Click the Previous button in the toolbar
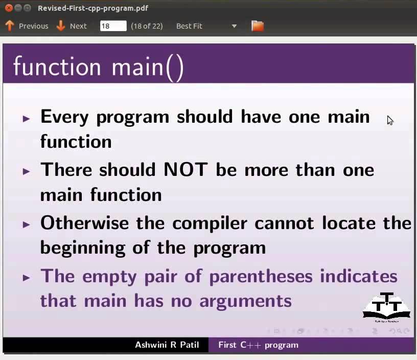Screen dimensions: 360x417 [x=27, y=26]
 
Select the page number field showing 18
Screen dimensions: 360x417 [x=113, y=26]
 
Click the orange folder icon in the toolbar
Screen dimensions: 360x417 [x=258, y=26]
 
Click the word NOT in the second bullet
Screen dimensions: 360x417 [x=187, y=170]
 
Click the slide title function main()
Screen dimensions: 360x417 [x=98, y=67]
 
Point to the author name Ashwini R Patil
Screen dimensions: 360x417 [x=167, y=345]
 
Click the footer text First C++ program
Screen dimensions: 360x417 [x=258, y=345]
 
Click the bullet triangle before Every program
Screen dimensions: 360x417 [x=27, y=119]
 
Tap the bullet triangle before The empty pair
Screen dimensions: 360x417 [x=27, y=278]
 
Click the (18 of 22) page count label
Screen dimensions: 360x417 [x=147, y=26]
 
